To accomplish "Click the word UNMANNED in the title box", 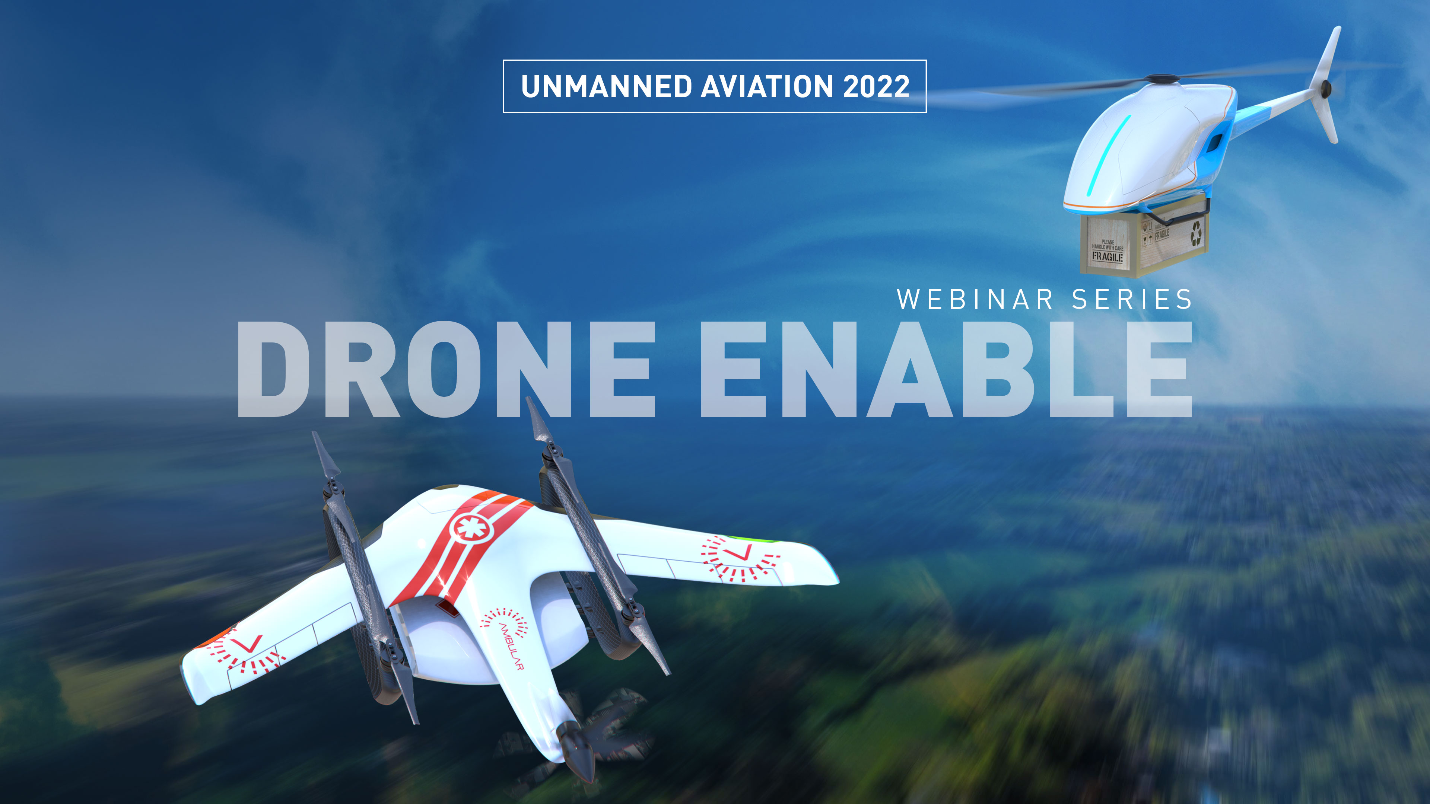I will tap(606, 87).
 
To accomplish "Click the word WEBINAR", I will tap(975, 300).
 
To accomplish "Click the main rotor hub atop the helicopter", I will tap(1164, 79).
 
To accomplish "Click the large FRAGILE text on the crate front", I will tap(1108, 256).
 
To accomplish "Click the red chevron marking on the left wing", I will tap(247, 645).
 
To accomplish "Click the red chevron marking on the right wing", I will tap(738, 552).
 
